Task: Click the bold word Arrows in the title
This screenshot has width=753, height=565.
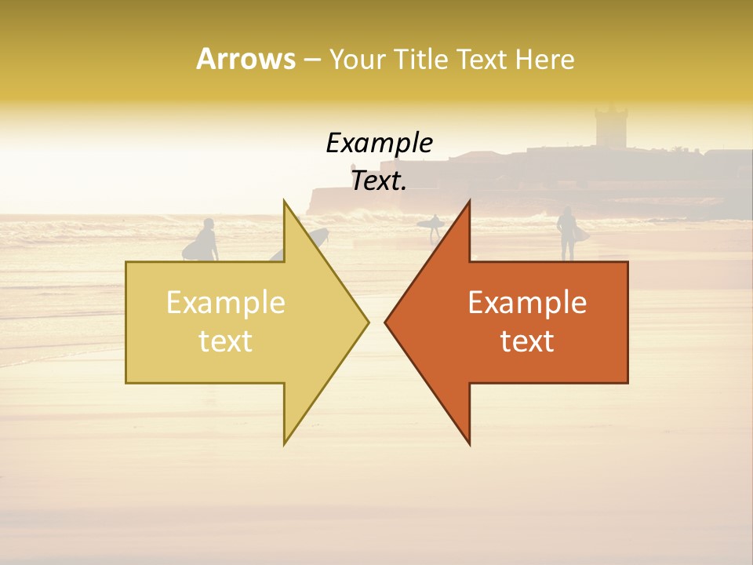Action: click(246, 59)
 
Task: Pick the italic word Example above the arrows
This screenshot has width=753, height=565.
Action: click(380, 143)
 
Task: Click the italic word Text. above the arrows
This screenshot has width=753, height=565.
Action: click(380, 181)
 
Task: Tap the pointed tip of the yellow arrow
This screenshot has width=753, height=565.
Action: click(366, 322)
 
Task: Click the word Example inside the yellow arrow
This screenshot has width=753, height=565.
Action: click(226, 303)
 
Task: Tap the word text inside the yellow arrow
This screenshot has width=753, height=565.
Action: click(226, 341)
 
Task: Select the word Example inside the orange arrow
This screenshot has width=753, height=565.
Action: click(527, 303)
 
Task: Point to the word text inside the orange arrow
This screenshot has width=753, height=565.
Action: click(527, 341)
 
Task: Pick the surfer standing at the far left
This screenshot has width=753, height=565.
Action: click(206, 239)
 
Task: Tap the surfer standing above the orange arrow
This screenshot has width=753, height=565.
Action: click(566, 232)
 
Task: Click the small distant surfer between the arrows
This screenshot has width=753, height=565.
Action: click(434, 227)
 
